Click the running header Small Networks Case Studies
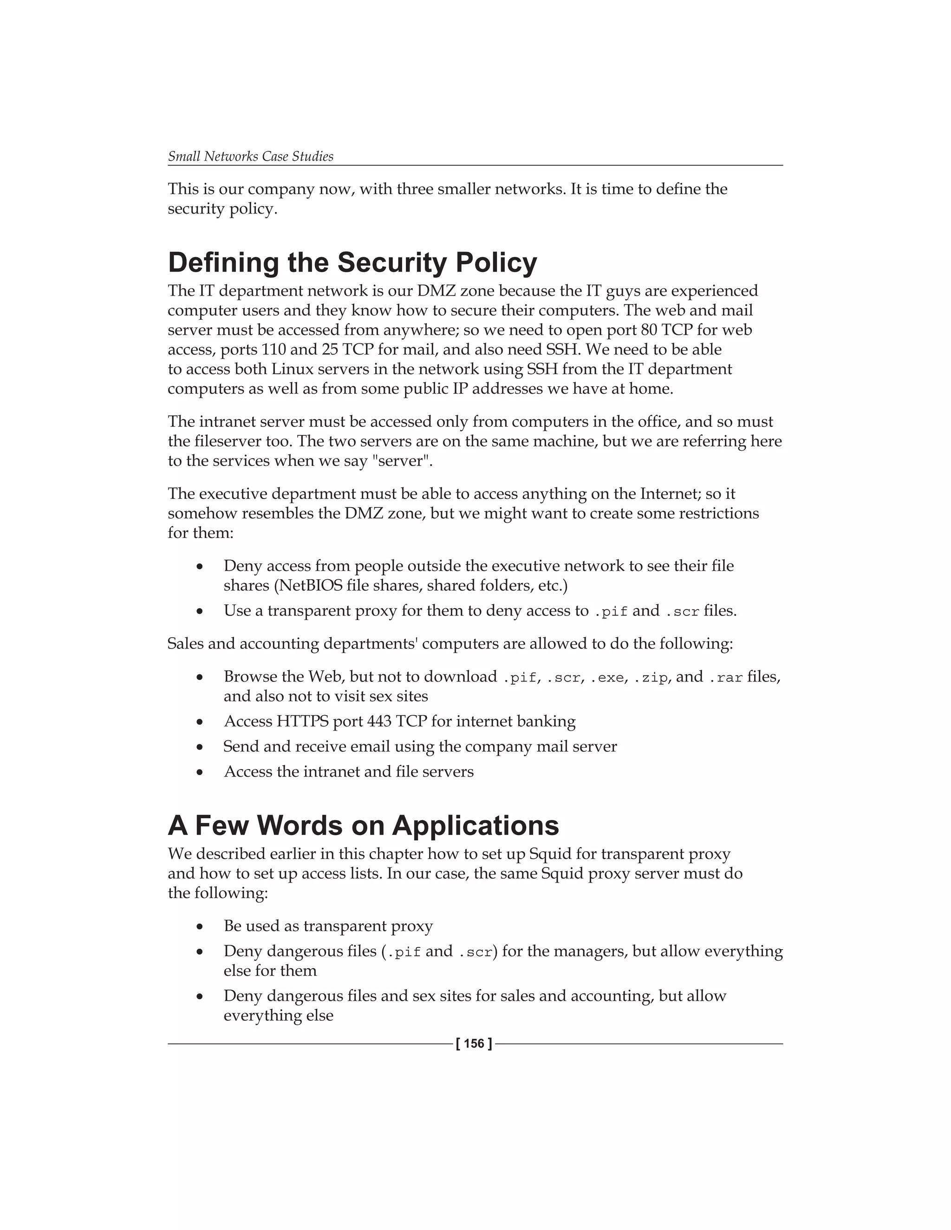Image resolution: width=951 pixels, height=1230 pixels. [x=250, y=156]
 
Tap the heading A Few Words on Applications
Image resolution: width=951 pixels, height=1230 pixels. [x=364, y=826]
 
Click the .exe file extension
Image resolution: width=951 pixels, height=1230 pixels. [x=607, y=678]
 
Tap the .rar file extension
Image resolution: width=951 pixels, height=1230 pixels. [x=726, y=678]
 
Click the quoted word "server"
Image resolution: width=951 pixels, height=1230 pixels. [x=402, y=461]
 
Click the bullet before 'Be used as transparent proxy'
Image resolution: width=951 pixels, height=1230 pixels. [x=199, y=926]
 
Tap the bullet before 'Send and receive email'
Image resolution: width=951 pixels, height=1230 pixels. [x=199, y=747]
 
